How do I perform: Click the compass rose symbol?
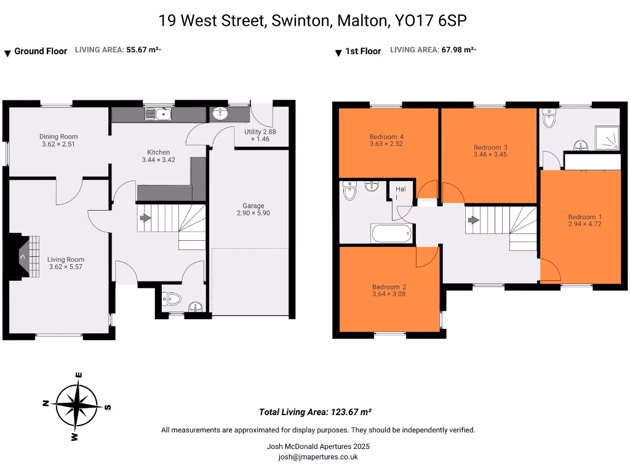coord(76,405)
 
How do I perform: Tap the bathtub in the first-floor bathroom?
coord(391,234)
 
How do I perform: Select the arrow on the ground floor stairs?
coord(145,217)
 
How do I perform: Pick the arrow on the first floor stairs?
coord(472,219)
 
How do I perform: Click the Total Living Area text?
coord(314,412)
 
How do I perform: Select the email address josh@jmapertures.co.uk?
coord(318,457)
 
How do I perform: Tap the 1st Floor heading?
coord(362,52)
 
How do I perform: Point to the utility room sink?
coord(220,113)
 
